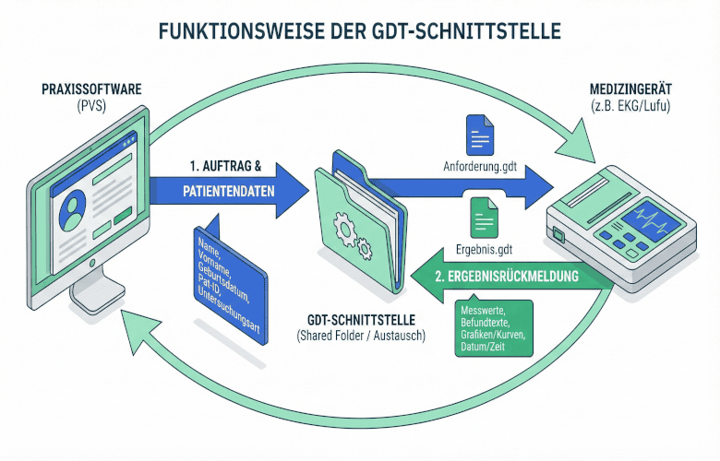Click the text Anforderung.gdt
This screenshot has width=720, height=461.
(x=479, y=170)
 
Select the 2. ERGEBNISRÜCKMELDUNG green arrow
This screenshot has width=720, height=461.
(x=512, y=274)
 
